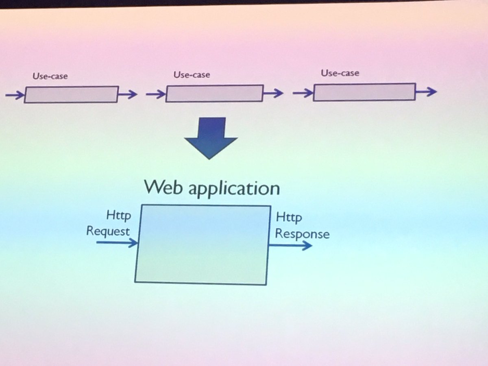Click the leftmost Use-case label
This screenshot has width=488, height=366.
[x=50, y=76]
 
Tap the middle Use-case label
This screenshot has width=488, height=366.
[x=192, y=75]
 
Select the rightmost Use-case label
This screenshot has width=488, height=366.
[x=340, y=73]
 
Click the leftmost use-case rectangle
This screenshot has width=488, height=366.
[x=71, y=94]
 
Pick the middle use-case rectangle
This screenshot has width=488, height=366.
[x=214, y=93]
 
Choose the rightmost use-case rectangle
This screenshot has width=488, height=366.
[x=364, y=92]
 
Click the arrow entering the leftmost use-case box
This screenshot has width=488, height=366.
[x=15, y=96]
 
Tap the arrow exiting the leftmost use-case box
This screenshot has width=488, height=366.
[x=128, y=95]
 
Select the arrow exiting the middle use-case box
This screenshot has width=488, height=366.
[x=273, y=93]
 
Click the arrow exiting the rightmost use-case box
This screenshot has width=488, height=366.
[x=426, y=91]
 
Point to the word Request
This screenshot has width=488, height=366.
[x=108, y=231]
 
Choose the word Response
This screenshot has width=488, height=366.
[x=302, y=234]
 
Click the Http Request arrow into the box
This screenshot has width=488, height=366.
[x=117, y=243]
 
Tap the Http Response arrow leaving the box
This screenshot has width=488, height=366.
[x=290, y=245]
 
